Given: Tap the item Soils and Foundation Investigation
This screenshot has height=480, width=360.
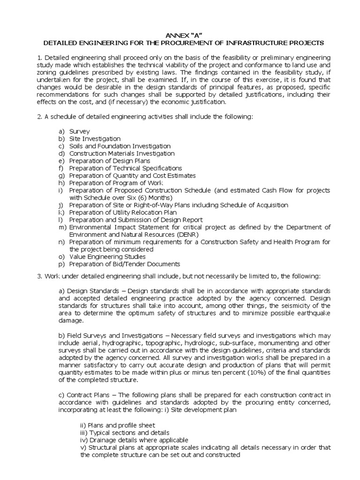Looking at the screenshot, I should [120, 146].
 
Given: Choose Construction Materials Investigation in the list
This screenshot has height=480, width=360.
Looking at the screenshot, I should [122, 153].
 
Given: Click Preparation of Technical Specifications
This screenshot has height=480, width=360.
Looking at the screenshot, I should [125, 168].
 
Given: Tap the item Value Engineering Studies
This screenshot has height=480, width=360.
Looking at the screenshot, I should [107, 256].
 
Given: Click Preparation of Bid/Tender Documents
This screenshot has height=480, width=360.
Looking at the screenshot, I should [124, 264].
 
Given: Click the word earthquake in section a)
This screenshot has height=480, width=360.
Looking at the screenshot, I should [314, 313].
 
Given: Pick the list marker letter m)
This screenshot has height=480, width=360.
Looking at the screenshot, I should [62, 227].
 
